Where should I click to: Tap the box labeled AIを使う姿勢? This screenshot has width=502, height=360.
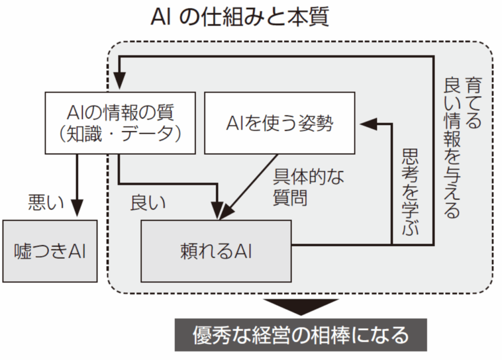(x=279, y=123)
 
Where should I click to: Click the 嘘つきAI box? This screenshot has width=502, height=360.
(x=50, y=251)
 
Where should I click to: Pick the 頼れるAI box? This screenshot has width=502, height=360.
(x=216, y=251)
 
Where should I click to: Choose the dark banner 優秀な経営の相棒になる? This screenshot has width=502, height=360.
(x=301, y=335)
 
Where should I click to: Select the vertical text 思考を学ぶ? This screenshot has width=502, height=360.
(x=410, y=192)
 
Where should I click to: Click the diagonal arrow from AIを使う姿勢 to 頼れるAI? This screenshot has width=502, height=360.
(x=250, y=184)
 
